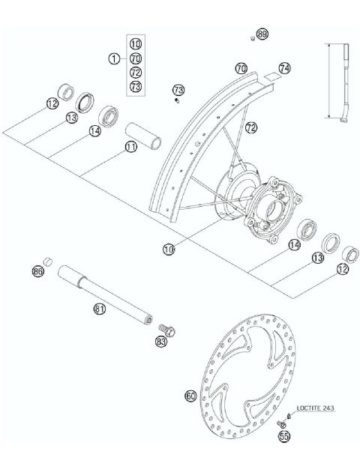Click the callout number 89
262,34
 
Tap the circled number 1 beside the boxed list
113,58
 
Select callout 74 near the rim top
283,68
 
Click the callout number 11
131,147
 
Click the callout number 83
160,342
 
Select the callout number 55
283,435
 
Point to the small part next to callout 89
253,36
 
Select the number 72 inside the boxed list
135,73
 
